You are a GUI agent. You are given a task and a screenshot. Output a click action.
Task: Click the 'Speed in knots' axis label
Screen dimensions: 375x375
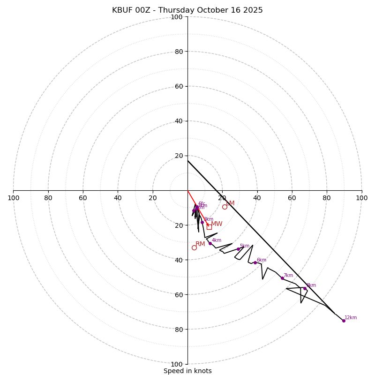pyautogui.click(x=187, y=371)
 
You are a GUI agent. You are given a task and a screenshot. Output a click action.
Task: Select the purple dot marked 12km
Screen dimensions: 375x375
pyautogui.click(x=344, y=321)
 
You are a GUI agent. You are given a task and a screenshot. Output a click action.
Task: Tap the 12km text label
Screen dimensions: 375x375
pyautogui.click(x=351, y=317)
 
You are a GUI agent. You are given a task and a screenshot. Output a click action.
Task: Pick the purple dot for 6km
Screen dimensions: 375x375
pyautogui.click(x=255, y=262)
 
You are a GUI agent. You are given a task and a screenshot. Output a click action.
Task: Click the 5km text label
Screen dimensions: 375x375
pyautogui.click(x=245, y=246)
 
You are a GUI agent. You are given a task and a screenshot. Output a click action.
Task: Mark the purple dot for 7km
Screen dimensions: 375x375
pyautogui.click(x=282, y=278)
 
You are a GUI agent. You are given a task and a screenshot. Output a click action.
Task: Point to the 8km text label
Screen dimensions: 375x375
pyautogui.click(x=311, y=285)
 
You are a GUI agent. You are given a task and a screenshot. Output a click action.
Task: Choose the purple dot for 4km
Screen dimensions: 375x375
pyautogui.click(x=210, y=243)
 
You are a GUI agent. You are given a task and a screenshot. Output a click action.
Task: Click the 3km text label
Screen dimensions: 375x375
pyautogui.click(x=208, y=219)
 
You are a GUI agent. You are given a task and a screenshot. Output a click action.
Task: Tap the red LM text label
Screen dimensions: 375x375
pyautogui.click(x=230, y=203)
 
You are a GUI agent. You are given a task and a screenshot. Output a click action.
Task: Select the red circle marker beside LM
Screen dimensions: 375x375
pyautogui.click(x=225, y=207)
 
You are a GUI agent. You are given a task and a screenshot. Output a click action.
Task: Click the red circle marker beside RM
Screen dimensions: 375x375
pyautogui.click(x=194, y=247)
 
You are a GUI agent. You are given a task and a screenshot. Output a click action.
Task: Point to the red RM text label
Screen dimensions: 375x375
pyautogui.click(x=200, y=244)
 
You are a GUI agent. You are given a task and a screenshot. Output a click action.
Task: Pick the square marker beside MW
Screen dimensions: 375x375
pyautogui.click(x=209, y=227)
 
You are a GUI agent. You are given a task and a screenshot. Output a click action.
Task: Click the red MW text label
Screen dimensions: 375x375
pyautogui.click(x=217, y=224)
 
